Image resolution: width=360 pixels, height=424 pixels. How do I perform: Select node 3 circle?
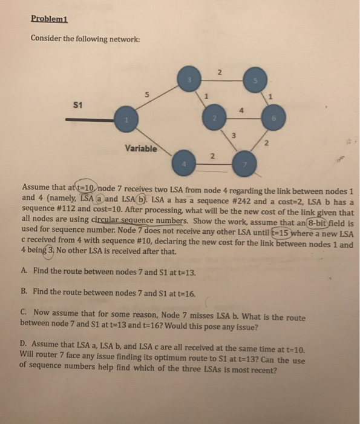pos(189,80)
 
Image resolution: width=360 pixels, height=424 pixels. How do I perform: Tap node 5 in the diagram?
pos(255,79)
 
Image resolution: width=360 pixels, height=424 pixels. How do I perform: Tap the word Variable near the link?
pos(140,147)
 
